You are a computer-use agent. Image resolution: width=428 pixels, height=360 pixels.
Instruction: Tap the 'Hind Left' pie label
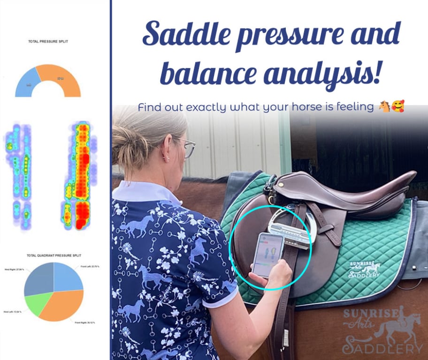(12, 311)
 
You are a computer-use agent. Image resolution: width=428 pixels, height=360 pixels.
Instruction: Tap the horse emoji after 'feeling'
(384, 107)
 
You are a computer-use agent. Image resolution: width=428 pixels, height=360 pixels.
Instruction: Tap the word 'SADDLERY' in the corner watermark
(382, 348)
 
